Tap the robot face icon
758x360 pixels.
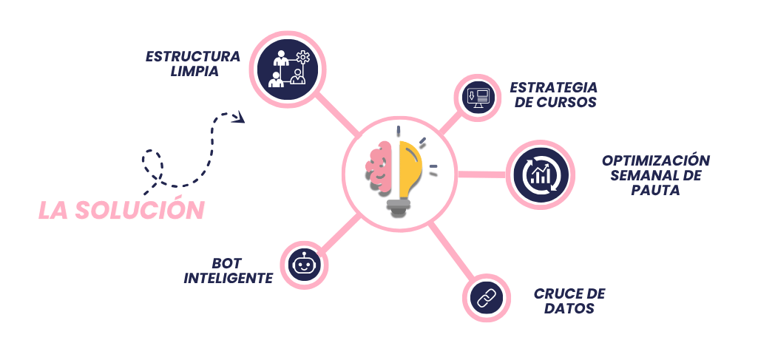[304, 265]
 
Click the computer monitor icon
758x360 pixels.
[477, 98]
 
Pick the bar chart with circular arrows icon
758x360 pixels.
[541, 174]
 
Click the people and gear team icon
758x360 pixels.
[288, 69]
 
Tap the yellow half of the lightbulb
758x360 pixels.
[411, 169]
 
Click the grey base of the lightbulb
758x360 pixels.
[399, 207]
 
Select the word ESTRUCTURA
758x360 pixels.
[193, 56]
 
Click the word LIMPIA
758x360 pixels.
[194, 72]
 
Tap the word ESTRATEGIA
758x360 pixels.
[553, 87]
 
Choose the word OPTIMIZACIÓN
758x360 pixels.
[656, 160]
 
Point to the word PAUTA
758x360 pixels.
[655, 191]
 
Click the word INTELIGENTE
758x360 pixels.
[229, 279]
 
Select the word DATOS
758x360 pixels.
[569, 308]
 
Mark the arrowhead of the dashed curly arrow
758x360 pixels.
[238, 117]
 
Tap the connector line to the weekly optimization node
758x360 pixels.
[482, 174]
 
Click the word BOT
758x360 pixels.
[227, 263]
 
